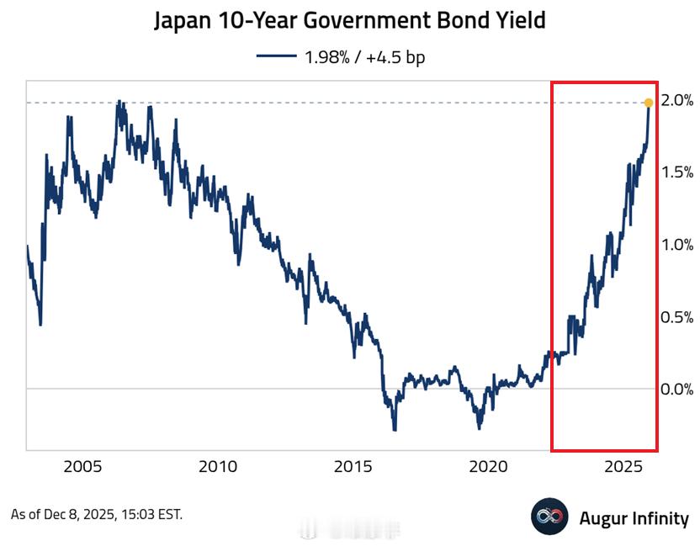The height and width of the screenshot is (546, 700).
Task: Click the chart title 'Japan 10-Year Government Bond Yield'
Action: coord(349,20)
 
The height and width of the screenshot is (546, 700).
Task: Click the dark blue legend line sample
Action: coord(276,56)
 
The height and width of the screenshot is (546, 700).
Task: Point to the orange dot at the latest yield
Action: coord(648,103)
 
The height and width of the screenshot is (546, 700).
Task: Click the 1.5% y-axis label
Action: coord(676,172)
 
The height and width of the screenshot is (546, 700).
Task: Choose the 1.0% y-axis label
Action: coord(676,245)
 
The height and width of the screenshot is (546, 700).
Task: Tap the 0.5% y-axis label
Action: coord(676,317)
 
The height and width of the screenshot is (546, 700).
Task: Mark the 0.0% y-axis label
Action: coord(676,389)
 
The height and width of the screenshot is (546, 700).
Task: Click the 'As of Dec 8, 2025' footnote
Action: coord(96,514)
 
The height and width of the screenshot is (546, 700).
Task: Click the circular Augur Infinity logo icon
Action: coord(550,517)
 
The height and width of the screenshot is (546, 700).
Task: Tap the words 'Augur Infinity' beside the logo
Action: coord(634,518)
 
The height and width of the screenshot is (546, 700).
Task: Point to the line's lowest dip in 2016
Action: coord(395,429)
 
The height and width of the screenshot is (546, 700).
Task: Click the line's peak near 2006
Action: coord(119,102)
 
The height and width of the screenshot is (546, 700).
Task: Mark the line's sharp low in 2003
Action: coord(40,324)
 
